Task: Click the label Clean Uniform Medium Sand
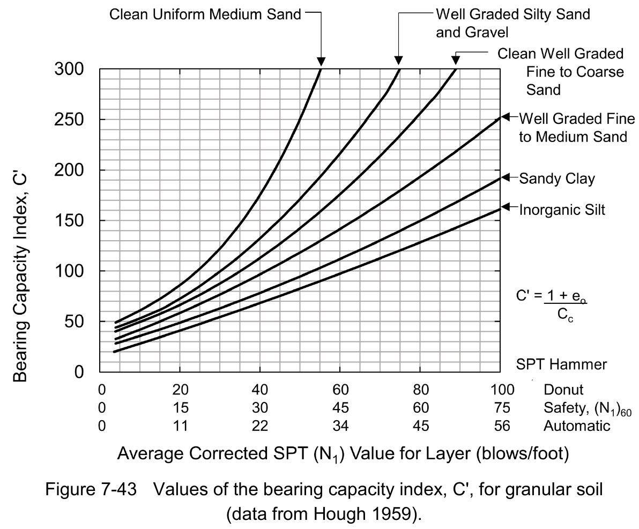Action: [x=205, y=14]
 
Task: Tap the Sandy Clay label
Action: [x=557, y=178]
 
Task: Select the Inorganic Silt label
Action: [x=562, y=210]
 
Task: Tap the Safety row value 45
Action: [x=340, y=408]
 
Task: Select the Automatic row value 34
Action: [x=340, y=426]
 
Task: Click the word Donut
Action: [x=563, y=389]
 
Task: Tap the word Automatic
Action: [x=577, y=426]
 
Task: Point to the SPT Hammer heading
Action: [x=561, y=365]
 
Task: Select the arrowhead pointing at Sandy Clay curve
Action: [x=505, y=178]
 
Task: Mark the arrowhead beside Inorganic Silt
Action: [x=505, y=207]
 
